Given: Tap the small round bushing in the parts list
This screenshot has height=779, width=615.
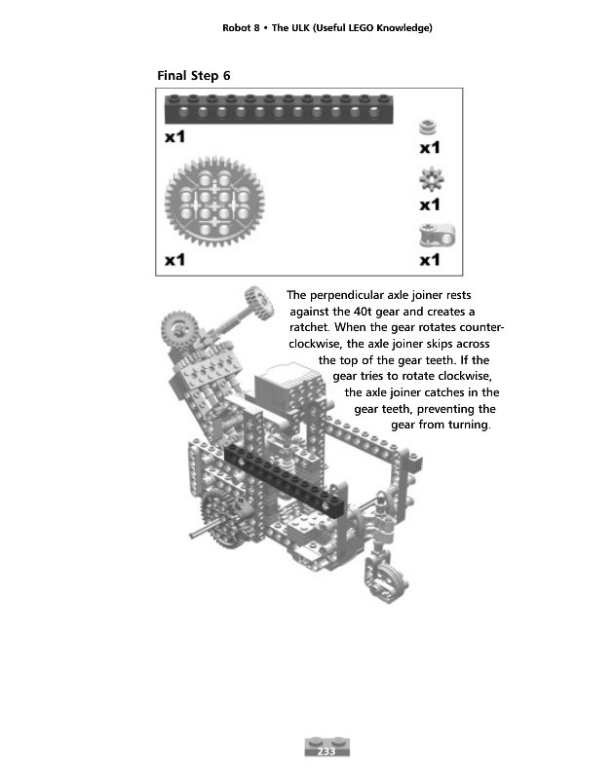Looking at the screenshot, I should click(426, 128).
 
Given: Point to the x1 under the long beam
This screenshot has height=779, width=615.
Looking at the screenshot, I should click(174, 137).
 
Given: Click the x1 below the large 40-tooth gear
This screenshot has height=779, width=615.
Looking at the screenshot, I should click(174, 260).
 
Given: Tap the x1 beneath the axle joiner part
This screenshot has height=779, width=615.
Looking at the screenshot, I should click(430, 260).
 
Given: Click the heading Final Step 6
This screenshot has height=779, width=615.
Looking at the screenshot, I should click(194, 75).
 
